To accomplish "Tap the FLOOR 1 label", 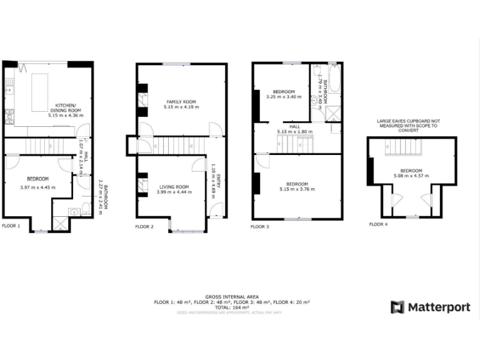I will pos(11,226).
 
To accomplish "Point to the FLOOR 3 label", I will pos(259,226).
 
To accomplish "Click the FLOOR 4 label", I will pos(378,224).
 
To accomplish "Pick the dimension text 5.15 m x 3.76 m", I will pos(297,189).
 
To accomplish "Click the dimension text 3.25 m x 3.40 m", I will pos(283,97).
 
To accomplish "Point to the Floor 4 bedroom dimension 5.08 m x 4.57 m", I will pos(411,176).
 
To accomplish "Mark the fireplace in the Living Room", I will pos(142,186).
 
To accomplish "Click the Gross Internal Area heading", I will pos(232,296).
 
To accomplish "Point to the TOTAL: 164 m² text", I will pos(232,307).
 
